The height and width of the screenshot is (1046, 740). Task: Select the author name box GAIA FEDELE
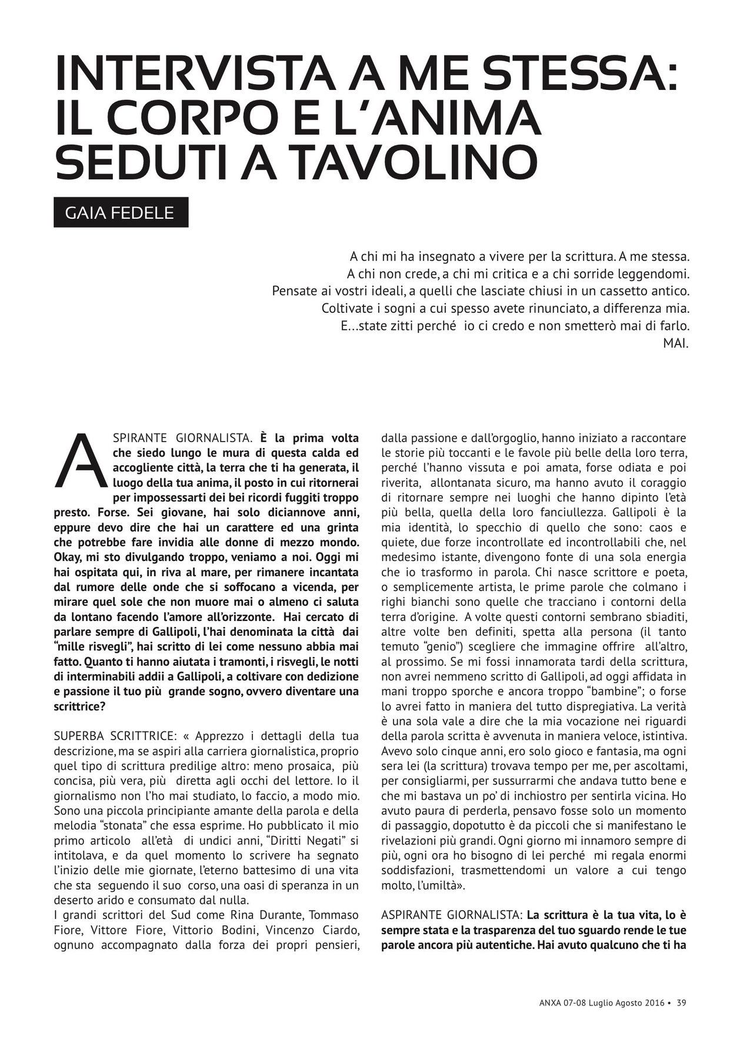[x=121, y=212]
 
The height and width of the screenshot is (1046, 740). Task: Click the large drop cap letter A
[x=81, y=462]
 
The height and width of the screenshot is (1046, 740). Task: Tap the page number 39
[x=681, y=1003]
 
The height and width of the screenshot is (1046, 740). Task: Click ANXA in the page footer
[x=551, y=1003]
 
